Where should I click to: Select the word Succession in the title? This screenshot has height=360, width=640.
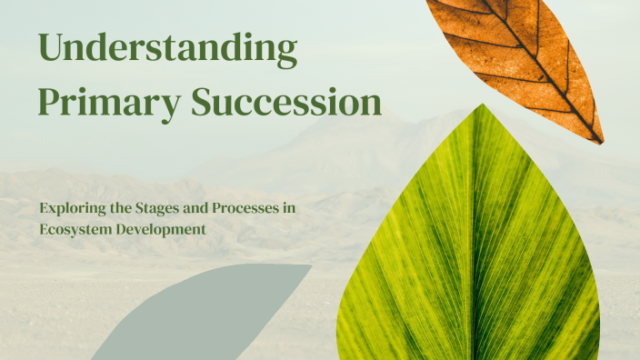285,104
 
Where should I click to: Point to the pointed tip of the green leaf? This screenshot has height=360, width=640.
483,106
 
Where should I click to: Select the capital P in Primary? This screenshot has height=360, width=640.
47,103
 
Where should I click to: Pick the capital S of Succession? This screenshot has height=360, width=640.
202,103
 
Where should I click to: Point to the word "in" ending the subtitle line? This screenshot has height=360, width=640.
289,208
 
